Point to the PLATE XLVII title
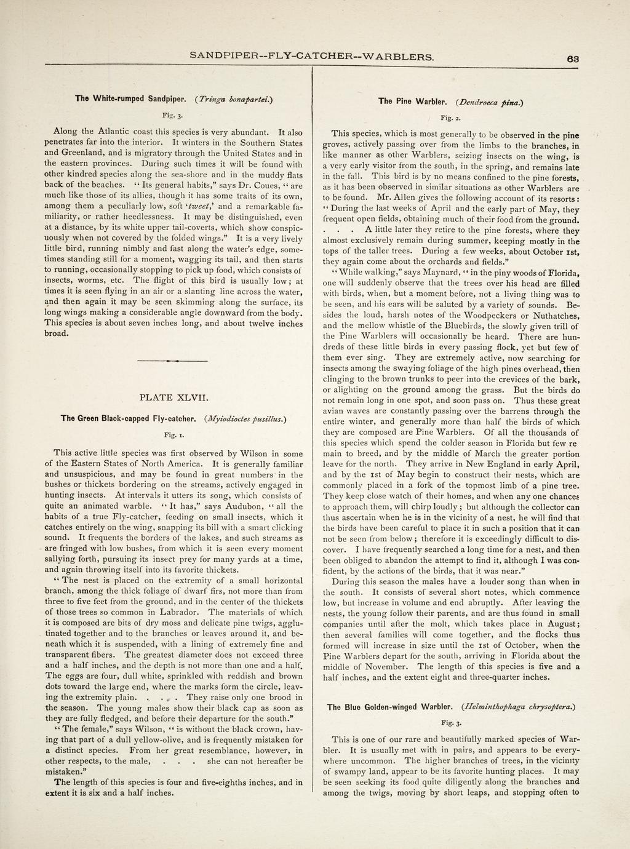click(x=175, y=397)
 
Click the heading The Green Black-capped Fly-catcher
click(x=129, y=419)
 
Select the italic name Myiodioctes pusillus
click(x=245, y=419)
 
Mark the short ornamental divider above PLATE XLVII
click(x=175, y=361)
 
